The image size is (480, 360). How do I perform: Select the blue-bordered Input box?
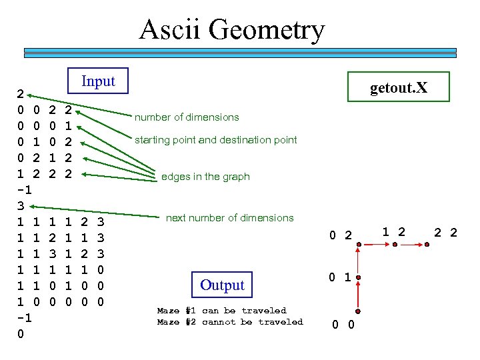click(98, 81)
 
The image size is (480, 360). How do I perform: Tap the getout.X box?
click(399, 88)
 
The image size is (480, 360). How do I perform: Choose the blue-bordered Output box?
click(222, 285)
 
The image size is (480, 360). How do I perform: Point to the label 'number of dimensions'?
click(187, 117)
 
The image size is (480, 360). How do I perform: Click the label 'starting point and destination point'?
click(216, 140)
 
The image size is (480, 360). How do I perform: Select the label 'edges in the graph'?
click(205, 177)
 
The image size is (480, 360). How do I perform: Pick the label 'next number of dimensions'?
click(229, 218)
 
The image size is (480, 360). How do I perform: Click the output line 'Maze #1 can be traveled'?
click(221, 311)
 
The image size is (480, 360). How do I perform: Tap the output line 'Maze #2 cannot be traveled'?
click(229, 322)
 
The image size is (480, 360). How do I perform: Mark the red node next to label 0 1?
click(359, 277)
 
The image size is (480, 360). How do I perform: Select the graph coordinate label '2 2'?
click(445, 233)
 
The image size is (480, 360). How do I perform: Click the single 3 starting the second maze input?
click(21, 205)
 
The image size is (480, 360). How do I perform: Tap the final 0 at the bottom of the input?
click(21, 333)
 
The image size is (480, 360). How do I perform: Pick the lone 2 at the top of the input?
click(21, 93)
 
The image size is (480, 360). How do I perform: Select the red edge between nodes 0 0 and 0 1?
click(359, 295)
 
